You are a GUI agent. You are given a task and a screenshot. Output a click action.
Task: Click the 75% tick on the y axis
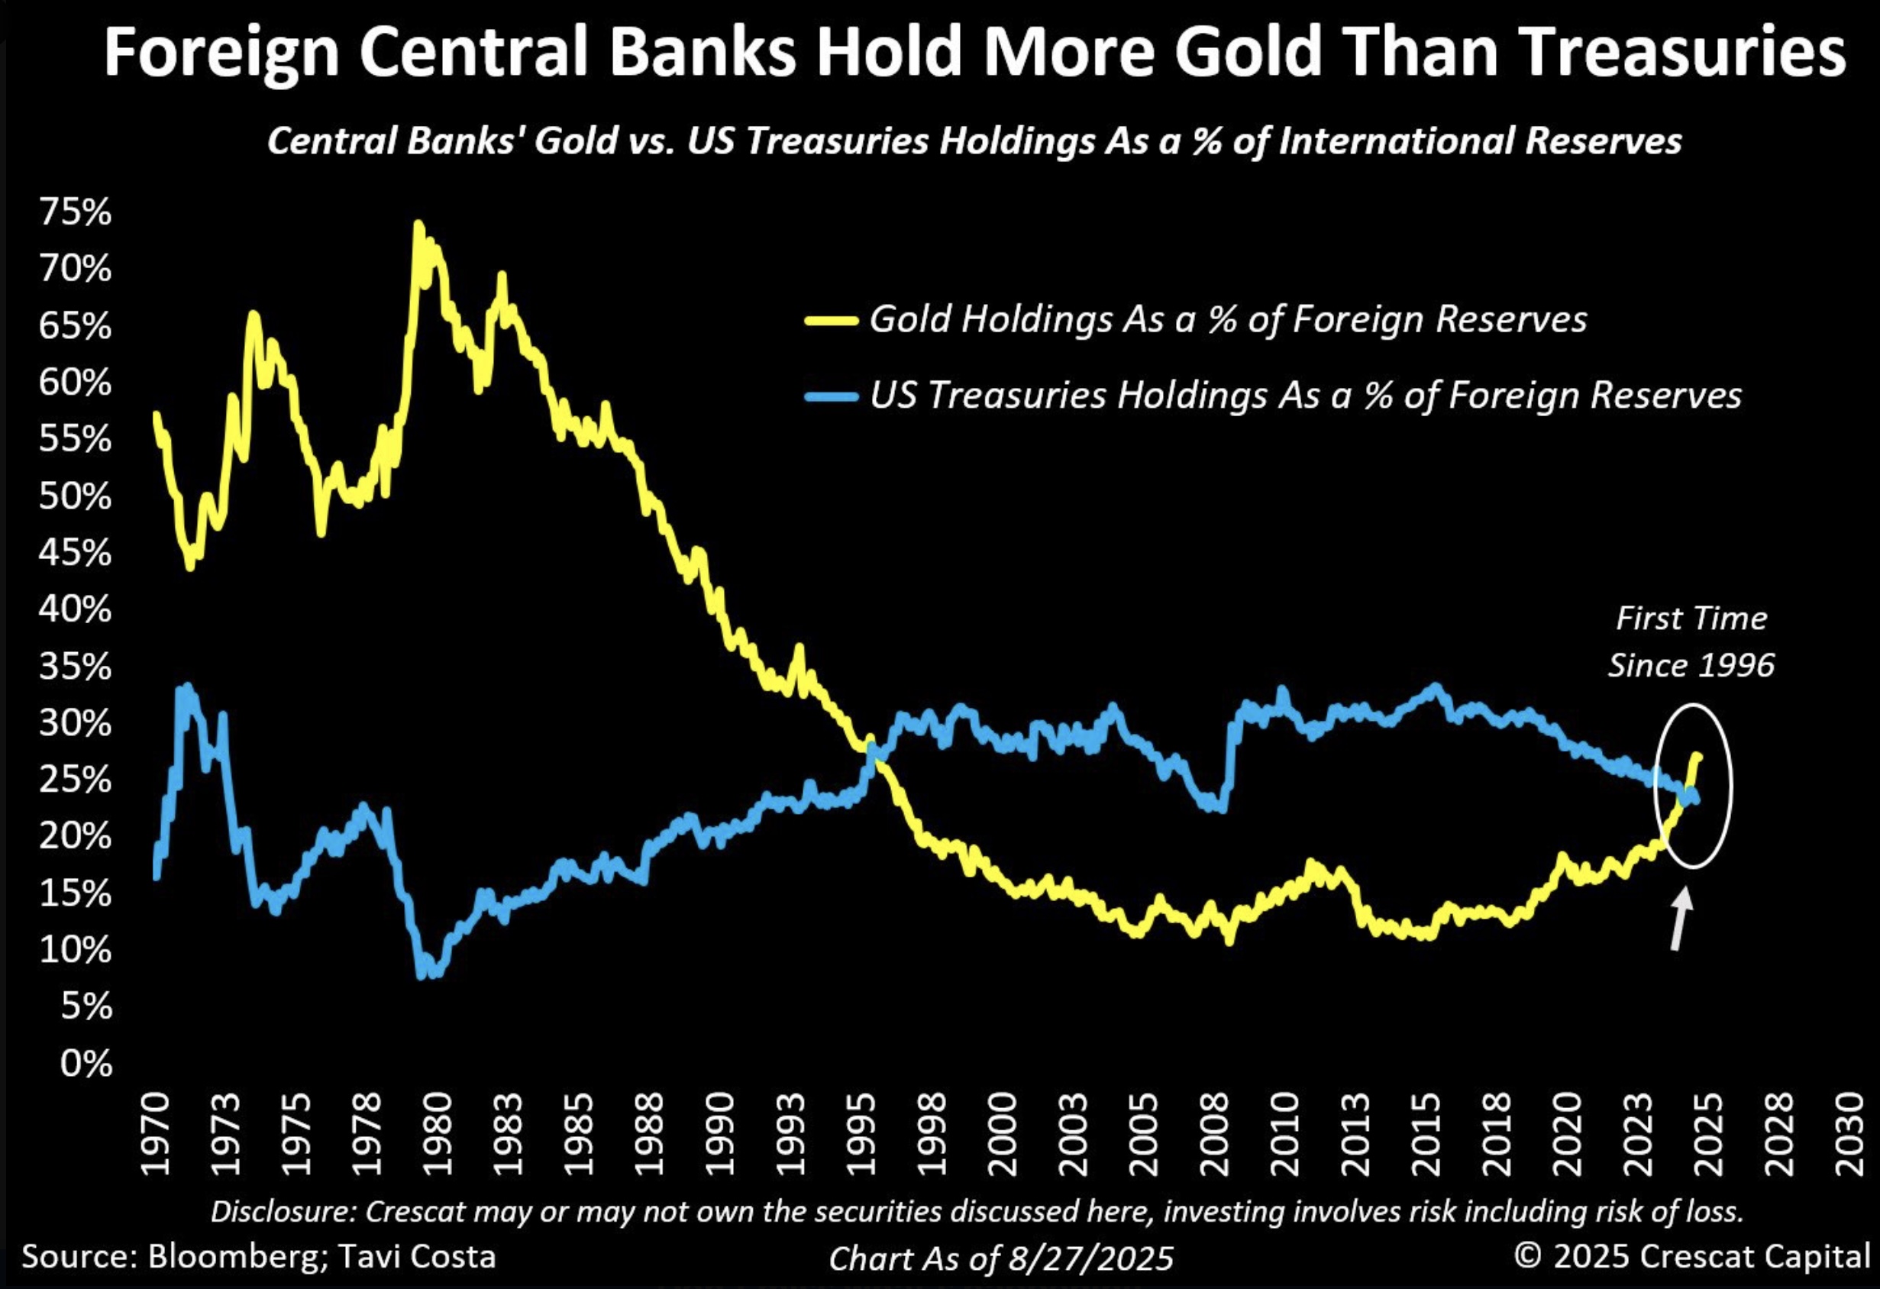[74, 213]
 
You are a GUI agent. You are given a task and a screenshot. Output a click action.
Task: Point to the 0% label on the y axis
[85, 1063]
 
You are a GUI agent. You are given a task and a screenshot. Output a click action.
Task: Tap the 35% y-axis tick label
[74, 667]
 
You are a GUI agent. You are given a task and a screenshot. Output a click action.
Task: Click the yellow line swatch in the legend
[831, 321]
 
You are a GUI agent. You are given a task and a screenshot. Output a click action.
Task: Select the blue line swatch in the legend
[831, 396]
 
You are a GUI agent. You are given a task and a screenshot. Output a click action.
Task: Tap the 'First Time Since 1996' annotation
[1691, 641]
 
